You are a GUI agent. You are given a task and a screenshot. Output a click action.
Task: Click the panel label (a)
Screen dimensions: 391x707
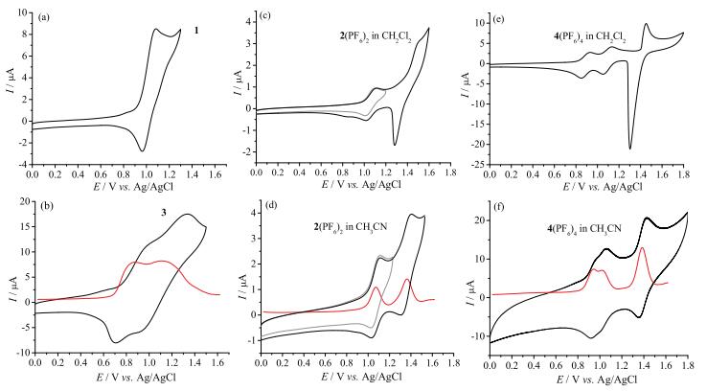pos(43,18)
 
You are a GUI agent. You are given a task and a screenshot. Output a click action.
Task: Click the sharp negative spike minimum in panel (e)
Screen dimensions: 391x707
pos(629,148)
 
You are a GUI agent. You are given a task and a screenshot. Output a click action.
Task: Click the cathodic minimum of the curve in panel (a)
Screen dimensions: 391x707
pos(142,150)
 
